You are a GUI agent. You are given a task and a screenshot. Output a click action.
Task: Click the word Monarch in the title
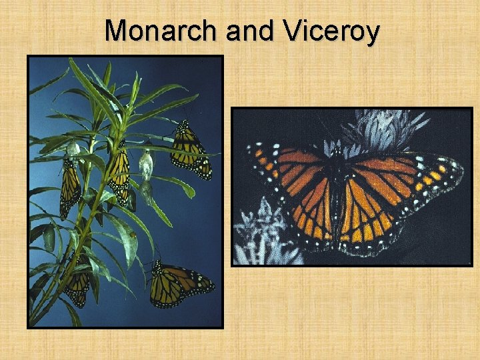pos(162,31)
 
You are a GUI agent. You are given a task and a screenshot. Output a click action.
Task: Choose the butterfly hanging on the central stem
pos(119,174)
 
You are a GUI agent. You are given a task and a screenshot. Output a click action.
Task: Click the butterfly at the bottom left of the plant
pos(77,283)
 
